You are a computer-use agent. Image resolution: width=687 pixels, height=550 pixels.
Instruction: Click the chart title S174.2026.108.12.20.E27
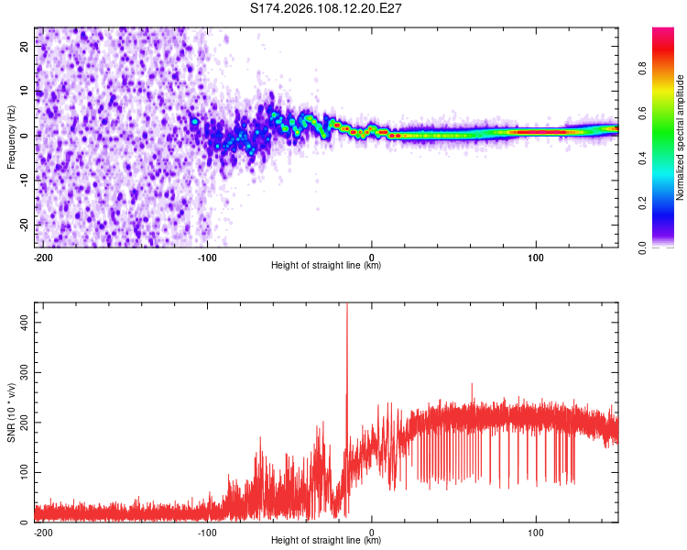coord(326,8)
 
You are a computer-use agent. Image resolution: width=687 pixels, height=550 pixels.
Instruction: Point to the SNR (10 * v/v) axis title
coord(11,412)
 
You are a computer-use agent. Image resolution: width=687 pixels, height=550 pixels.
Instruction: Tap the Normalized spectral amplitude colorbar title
coord(680,137)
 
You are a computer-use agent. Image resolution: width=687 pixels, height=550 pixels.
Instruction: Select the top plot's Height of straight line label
coord(326,266)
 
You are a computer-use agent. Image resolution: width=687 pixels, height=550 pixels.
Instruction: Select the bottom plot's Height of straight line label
coord(326,540)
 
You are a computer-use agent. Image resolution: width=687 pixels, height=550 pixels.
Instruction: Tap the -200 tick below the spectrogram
coord(42,256)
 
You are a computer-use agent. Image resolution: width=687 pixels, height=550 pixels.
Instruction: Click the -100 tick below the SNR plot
coord(207,531)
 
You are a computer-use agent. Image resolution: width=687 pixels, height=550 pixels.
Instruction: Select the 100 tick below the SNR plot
coord(536,531)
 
